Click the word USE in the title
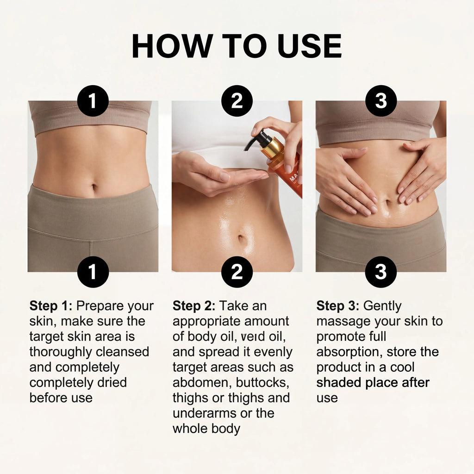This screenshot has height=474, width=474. pos(310,46)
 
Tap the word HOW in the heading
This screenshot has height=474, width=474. pos(172,46)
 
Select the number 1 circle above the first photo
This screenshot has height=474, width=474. pos(93,100)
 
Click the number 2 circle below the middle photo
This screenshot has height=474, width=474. pos(237,272)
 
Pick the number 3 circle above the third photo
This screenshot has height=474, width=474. pos(381,100)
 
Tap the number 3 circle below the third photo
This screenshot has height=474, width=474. pos(381,272)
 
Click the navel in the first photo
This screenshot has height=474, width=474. pos(94,187)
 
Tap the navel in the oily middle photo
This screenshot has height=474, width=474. pos(241,238)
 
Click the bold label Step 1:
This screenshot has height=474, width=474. pos(51,306)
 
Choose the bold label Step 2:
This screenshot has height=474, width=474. pos(194,306)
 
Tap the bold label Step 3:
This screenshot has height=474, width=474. pos(338,306)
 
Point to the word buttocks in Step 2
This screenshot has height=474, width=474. pos(262,383)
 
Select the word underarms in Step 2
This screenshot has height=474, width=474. pos(205,413)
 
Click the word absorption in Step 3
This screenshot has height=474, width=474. pos(349,352)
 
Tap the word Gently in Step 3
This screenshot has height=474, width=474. pos(382,306)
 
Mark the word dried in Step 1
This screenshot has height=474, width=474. pos(112,383)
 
